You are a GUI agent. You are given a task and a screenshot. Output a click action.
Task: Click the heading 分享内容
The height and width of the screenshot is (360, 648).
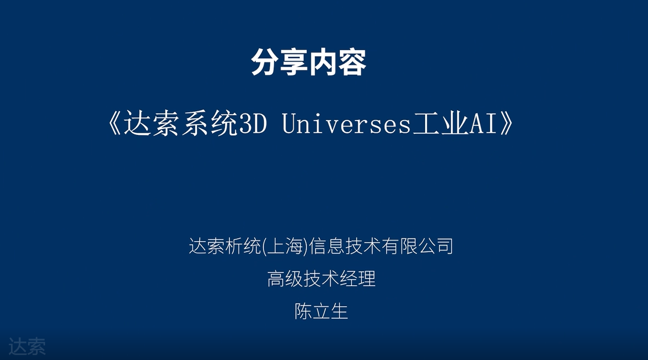(x=309, y=62)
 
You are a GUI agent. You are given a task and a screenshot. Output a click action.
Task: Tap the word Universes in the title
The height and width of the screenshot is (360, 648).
(x=347, y=124)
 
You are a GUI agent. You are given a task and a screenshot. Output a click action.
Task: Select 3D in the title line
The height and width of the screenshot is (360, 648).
(x=253, y=124)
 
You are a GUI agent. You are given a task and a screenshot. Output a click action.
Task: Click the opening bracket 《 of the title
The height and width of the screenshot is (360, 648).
(x=114, y=124)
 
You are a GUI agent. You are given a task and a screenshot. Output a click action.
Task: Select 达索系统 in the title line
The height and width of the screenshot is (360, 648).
(x=181, y=124)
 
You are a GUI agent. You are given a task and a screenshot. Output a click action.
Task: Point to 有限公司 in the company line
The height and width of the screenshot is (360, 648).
(x=418, y=247)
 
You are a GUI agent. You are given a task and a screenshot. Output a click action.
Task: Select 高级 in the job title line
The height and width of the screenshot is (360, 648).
(x=285, y=279)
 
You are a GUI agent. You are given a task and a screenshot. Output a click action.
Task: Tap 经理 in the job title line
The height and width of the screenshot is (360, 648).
(x=358, y=279)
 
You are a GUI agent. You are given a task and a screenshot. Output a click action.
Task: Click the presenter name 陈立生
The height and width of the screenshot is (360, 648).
(x=321, y=311)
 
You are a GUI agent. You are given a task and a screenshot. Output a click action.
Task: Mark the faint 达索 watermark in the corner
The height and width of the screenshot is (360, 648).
(x=27, y=346)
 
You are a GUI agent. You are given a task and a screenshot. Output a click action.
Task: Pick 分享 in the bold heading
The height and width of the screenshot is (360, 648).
(x=279, y=62)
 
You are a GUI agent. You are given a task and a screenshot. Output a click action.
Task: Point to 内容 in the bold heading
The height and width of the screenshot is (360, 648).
(x=338, y=62)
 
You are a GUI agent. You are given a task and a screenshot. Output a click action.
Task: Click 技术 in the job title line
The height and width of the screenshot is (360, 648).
(x=321, y=279)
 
